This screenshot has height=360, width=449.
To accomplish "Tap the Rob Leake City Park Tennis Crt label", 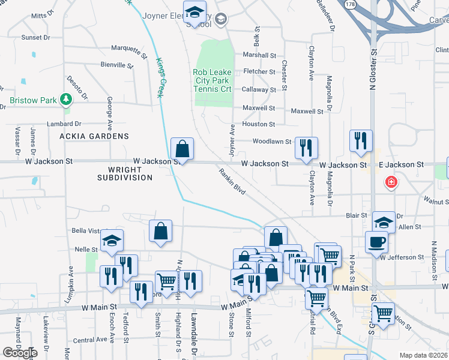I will [x=212, y=80].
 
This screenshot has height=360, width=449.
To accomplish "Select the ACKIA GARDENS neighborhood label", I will [x=94, y=136].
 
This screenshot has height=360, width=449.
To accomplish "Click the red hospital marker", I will [x=391, y=181].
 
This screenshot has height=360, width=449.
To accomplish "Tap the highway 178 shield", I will [x=349, y=4].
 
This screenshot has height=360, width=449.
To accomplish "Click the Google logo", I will [x=20, y=353].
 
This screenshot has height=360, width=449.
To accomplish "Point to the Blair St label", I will [x=356, y=215].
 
